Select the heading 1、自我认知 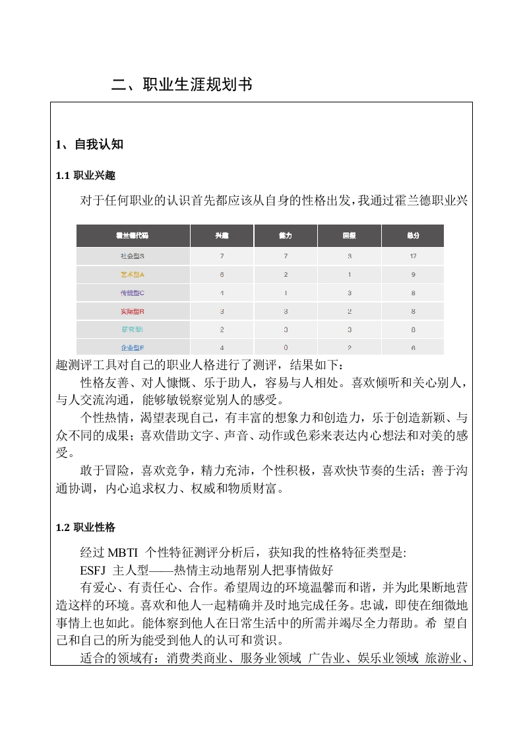click(90, 145)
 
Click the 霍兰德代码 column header click(133, 236)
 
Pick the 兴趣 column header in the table click(222, 236)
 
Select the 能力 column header click(286, 236)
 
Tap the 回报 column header click(349, 236)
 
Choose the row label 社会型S click(133, 256)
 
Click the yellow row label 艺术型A click(133, 274)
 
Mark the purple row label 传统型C click(133, 293)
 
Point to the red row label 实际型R click(133, 311)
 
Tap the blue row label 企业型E click(133, 347)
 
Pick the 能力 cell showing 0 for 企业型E click(286, 347)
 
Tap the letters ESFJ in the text click(93, 569)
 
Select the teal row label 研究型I click(133, 329)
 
